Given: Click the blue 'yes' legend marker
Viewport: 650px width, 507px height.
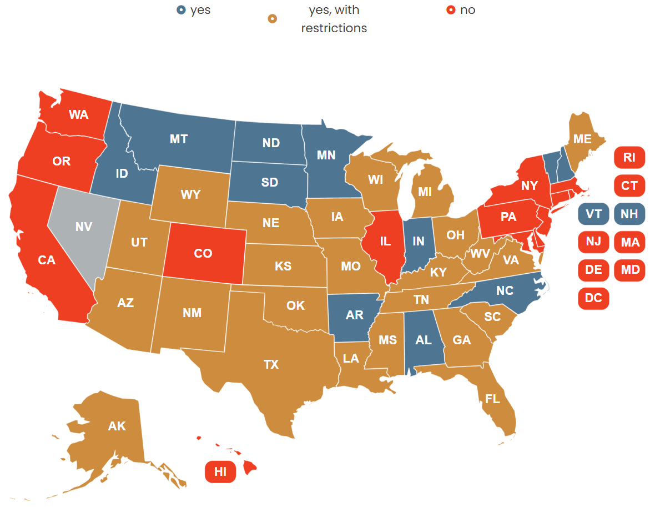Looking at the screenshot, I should click(181, 10).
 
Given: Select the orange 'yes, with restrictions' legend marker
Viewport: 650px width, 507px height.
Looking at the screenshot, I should click(272, 19).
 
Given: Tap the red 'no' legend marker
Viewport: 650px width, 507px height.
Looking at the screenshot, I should click(451, 10).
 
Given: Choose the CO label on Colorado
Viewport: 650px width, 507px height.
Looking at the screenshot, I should click(203, 253).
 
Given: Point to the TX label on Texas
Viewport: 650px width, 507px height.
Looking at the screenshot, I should click(271, 364).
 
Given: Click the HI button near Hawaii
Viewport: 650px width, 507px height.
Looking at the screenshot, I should click(220, 471).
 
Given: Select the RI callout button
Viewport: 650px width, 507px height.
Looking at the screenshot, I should click(629, 157).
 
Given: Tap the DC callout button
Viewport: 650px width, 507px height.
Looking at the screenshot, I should click(593, 298).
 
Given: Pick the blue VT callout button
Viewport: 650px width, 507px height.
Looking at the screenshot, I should click(593, 214).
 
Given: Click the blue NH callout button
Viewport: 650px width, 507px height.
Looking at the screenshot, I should click(629, 214).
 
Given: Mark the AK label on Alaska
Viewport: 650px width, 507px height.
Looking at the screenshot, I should click(117, 426).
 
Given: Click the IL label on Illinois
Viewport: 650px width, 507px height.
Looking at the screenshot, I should click(386, 242).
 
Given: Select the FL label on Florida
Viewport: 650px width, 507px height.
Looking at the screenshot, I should click(492, 399).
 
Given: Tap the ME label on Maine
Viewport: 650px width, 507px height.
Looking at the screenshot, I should click(582, 139).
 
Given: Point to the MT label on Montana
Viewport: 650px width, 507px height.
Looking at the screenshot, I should click(179, 139).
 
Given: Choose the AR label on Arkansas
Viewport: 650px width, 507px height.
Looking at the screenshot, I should click(354, 315).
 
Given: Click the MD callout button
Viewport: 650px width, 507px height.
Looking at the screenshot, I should click(630, 270).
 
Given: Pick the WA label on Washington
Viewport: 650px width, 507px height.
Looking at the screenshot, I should click(79, 114).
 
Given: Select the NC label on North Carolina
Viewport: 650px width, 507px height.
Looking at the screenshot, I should click(505, 290).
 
